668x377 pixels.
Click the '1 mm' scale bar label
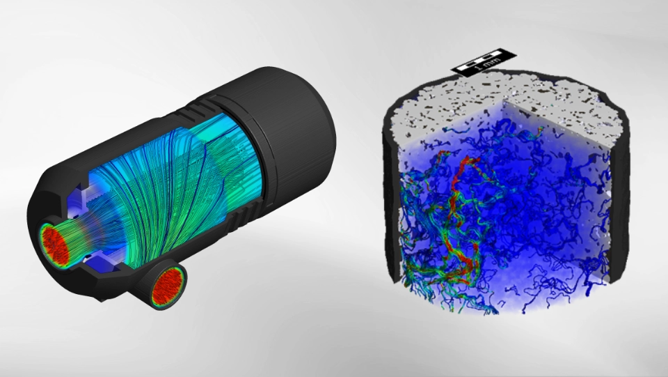[x=483, y=66]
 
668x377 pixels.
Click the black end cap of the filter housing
[x=289, y=128]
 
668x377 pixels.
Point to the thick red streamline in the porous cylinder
[x=461, y=213]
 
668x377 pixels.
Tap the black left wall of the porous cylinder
[x=391, y=192]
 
